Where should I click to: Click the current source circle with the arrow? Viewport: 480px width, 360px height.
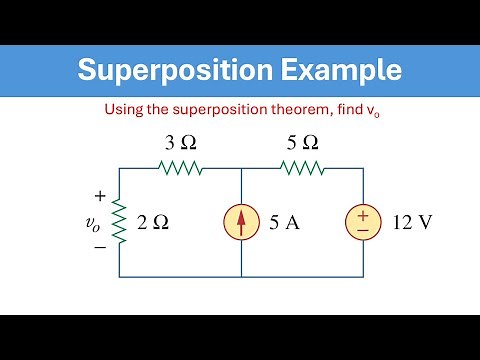coord(241,223)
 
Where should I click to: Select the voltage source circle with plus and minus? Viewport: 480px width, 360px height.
coord(363,223)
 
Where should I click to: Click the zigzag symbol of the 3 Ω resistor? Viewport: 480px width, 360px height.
coord(180,169)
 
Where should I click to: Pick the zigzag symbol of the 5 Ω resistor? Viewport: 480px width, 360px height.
coord(303,169)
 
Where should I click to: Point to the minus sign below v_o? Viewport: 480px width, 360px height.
coord(99,247)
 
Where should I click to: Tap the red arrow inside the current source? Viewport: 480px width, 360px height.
coord(241,222)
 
